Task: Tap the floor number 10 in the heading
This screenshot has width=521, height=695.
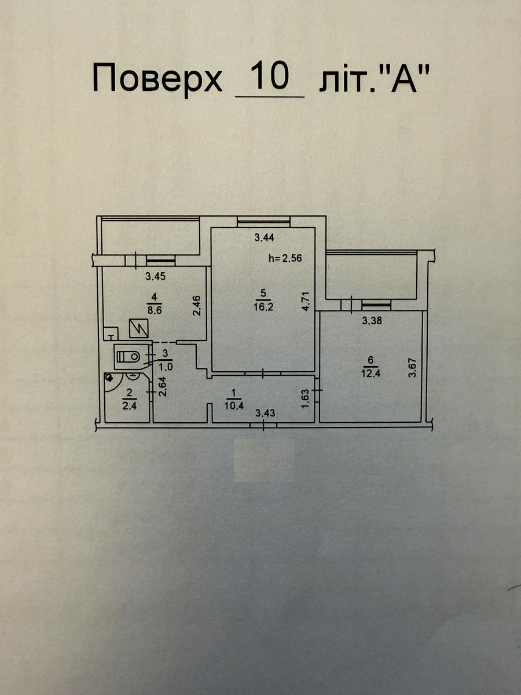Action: click(x=270, y=76)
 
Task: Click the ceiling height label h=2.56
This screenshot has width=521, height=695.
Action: click(x=285, y=258)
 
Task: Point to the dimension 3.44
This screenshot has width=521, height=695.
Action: click(x=264, y=237)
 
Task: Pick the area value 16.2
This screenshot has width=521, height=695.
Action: click(x=263, y=306)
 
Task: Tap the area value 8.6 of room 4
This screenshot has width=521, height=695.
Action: click(x=155, y=309)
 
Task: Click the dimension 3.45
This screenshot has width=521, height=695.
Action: click(x=155, y=276)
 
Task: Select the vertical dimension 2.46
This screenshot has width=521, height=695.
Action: click(x=196, y=305)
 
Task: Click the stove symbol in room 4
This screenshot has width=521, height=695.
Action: click(x=138, y=328)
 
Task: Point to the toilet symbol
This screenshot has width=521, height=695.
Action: click(x=129, y=357)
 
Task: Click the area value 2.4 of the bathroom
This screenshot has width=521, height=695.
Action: click(x=129, y=406)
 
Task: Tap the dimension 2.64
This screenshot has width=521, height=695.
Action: click(x=162, y=386)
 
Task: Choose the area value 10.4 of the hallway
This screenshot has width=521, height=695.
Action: click(x=234, y=405)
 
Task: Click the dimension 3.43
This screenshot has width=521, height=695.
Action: click(x=265, y=413)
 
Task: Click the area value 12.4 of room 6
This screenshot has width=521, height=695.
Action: click(x=370, y=374)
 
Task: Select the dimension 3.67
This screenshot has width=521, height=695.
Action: click(x=412, y=368)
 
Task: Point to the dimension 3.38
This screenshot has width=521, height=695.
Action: click(x=372, y=321)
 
